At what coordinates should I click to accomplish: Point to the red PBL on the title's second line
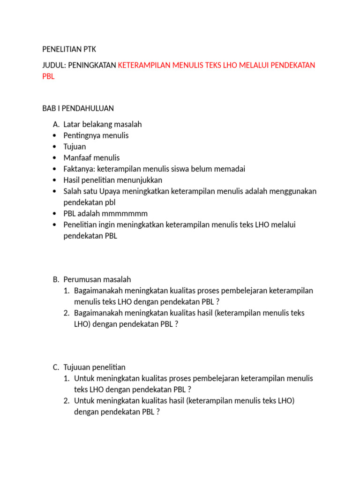(x=48, y=76)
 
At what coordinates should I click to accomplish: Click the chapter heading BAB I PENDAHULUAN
(x=78, y=108)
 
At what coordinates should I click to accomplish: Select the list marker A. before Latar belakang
(x=56, y=124)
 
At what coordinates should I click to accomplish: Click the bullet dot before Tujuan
(x=55, y=147)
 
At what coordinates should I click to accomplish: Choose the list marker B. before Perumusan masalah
(x=56, y=279)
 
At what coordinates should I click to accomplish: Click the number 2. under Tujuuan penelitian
(x=67, y=401)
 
